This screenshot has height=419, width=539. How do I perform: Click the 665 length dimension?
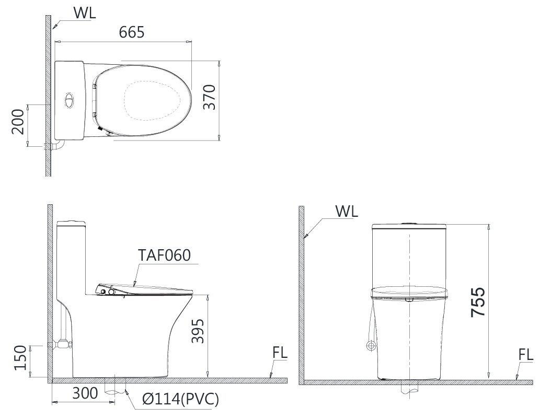point(131,32)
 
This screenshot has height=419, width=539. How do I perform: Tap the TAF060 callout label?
point(164,255)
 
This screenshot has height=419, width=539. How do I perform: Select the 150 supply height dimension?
point(20,358)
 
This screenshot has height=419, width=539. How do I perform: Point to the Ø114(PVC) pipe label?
point(180,400)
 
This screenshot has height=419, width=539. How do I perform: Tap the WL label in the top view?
point(84,13)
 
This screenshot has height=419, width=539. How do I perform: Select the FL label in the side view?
point(280,354)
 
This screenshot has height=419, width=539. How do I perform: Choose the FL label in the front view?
point(525,355)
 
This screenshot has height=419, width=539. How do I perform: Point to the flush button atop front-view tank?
point(409,224)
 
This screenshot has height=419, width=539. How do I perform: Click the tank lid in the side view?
point(71,224)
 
